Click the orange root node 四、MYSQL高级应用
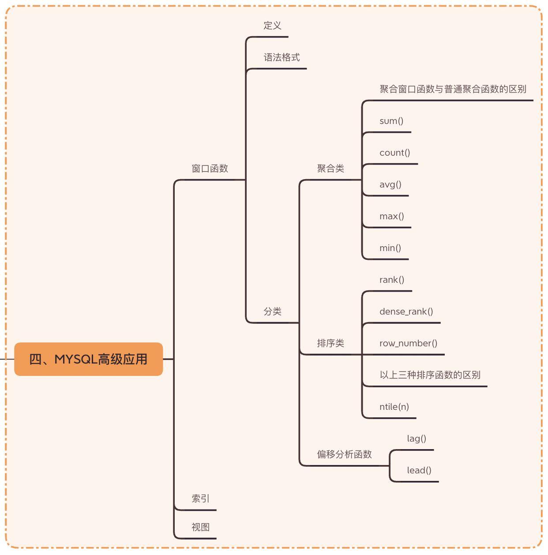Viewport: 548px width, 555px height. click(x=88, y=359)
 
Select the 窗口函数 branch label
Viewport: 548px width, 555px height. click(x=210, y=169)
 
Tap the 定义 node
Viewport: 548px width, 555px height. click(x=272, y=26)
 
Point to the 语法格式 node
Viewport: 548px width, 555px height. click(x=282, y=57)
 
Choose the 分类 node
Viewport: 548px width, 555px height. click(x=272, y=311)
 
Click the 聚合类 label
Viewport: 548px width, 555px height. click(x=330, y=169)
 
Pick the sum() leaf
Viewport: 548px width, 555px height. click(x=391, y=121)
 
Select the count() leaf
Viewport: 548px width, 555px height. click(x=394, y=153)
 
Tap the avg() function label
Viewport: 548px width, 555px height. click(x=390, y=184)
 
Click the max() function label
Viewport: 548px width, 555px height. click(x=392, y=216)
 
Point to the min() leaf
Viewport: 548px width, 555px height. click(x=390, y=248)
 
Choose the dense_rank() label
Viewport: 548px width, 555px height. click(x=406, y=311)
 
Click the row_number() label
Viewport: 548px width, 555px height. click(x=408, y=343)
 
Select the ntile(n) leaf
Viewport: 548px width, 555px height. click(x=394, y=407)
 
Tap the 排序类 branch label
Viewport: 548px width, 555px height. click(x=330, y=343)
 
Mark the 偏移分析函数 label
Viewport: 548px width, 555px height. click(x=344, y=454)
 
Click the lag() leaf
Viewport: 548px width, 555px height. click(x=417, y=439)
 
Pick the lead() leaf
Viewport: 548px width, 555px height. click(x=419, y=470)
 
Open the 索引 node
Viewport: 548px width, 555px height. click(x=200, y=499)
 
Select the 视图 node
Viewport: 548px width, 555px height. click(x=200, y=527)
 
